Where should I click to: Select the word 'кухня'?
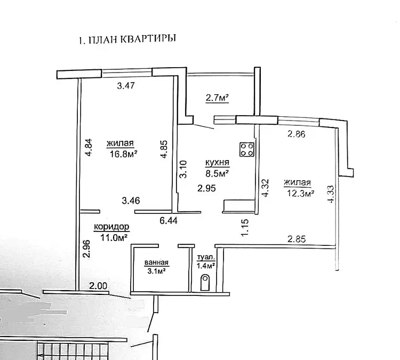(x=218, y=162)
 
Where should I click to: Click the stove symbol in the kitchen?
(x=246, y=149)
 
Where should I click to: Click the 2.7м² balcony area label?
(x=217, y=98)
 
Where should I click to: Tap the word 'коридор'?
(x=111, y=226)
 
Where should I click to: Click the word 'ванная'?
(x=156, y=262)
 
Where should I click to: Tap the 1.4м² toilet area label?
(x=205, y=265)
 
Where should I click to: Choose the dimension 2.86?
(x=297, y=134)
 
